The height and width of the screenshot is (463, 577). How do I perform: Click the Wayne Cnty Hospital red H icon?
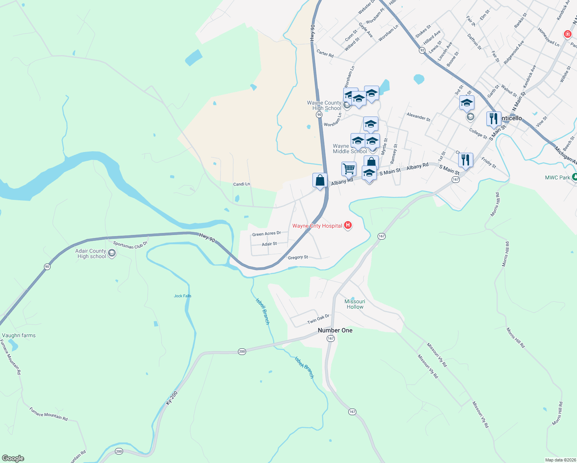348,225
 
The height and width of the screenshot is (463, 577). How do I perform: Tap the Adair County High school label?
91,253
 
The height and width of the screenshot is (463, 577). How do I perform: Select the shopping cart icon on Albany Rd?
349,169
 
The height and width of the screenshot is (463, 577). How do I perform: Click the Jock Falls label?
182,296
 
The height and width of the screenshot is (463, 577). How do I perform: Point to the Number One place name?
335,330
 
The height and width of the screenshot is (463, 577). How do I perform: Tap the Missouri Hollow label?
355,304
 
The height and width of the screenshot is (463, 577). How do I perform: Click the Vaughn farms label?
19,335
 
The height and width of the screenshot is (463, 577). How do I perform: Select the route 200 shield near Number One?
242,351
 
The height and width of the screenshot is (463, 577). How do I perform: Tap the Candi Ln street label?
241,184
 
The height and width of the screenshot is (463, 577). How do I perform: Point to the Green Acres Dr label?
266,234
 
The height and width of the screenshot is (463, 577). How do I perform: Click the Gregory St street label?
298,257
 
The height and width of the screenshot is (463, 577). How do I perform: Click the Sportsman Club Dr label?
130,245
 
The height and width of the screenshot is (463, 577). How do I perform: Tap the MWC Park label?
557,177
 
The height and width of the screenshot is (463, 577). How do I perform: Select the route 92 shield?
422,50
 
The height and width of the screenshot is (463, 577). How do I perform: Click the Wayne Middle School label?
349,149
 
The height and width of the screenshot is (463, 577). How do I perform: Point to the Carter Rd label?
325,53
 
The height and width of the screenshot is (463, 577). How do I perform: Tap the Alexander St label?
418,117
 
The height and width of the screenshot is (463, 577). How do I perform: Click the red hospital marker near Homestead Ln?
567,34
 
